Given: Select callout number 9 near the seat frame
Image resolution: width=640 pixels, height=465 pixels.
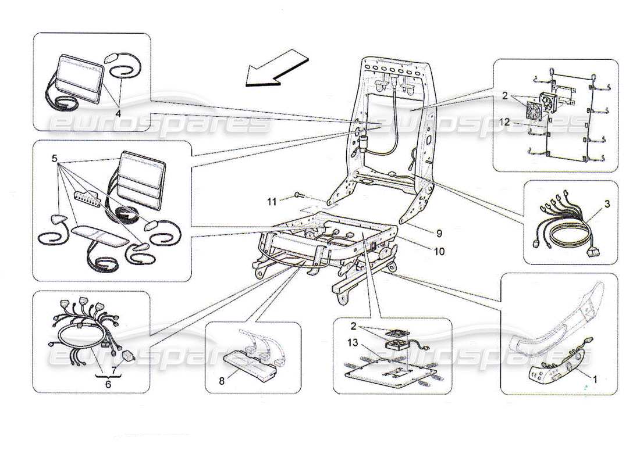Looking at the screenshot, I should coord(439,233).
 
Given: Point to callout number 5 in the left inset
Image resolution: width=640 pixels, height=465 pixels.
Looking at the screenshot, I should coord(54,158).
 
